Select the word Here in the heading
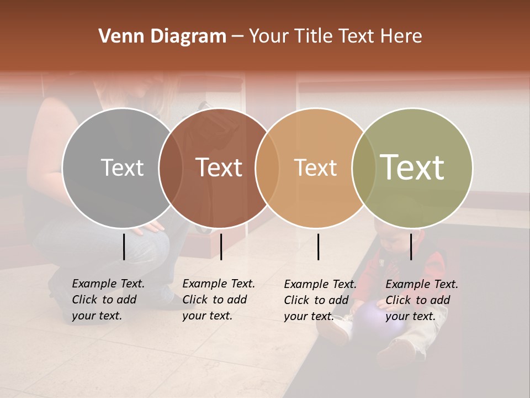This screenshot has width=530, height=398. [x=401, y=36]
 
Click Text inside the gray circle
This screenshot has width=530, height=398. [x=122, y=167]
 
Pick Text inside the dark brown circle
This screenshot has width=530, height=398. [x=219, y=167]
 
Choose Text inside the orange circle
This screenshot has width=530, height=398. [x=315, y=167]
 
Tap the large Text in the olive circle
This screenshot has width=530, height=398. [x=412, y=167]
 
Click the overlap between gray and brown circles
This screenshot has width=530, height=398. [x=171, y=168]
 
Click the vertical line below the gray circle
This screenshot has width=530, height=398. [x=124, y=247]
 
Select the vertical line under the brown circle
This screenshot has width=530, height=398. [x=221, y=247]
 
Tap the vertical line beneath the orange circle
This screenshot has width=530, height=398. [x=319, y=247]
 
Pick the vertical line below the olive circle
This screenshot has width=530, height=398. [x=411, y=247]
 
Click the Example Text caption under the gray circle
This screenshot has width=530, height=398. [x=108, y=300]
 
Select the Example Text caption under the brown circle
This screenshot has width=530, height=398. [x=219, y=300]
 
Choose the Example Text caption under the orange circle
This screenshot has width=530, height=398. [x=320, y=300]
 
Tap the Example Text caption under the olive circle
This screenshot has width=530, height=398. [x=422, y=300]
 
